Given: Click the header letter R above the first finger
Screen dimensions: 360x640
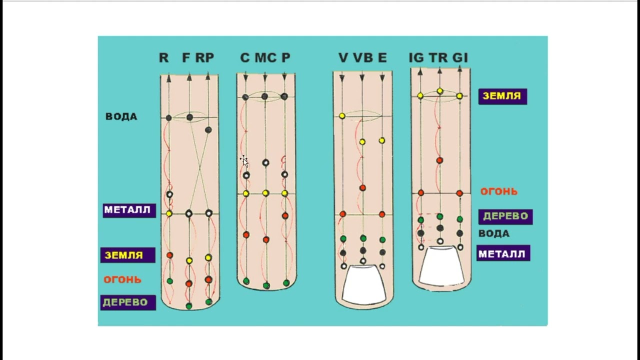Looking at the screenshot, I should pyautogui.click(x=163, y=58).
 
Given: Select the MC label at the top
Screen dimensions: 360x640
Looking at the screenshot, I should pyautogui.click(x=265, y=58).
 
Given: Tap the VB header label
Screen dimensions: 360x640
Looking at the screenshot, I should pyautogui.click(x=362, y=58).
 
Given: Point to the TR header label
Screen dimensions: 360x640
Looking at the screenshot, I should pyautogui.click(x=438, y=58).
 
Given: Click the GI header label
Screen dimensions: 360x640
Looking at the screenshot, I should pyautogui.click(x=460, y=58).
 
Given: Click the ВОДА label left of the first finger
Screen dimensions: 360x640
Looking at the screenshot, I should pyautogui.click(x=121, y=116).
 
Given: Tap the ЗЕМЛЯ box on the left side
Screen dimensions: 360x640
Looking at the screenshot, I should pyautogui.click(x=127, y=255).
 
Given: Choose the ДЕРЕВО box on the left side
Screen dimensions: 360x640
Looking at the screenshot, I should pyautogui.click(x=128, y=302).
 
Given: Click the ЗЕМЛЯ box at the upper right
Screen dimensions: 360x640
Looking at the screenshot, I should pyautogui.click(x=502, y=96).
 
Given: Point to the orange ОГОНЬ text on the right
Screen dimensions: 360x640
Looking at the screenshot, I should pyautogui.click(x=498, y=191).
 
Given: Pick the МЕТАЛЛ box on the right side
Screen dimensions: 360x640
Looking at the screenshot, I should pyautogui.click(x=503, y=253).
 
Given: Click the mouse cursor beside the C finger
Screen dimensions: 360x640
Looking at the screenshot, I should pyautogui.click(x=244, y=160).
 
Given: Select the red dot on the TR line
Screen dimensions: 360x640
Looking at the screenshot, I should pyautogui.click(x=439, y=160).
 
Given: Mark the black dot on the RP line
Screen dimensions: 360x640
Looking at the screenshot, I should pyautogui.click(x=208, y=130).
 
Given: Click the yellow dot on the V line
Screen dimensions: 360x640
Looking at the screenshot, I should pyautogui.click(x=342, y=116).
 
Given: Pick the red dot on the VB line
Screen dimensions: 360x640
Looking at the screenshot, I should pyautogui.click(x=362, y=188).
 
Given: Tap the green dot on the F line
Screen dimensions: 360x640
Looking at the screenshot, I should pyautogui.click(x=189, y=305).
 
